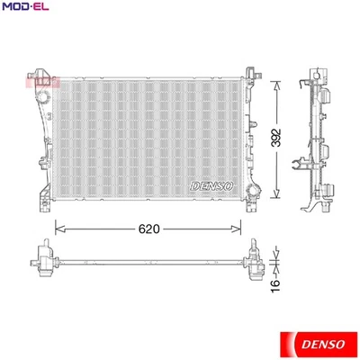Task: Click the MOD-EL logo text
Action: (25, 8)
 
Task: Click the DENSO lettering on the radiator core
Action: (212, 185)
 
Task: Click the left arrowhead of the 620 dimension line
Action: (59, 229)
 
